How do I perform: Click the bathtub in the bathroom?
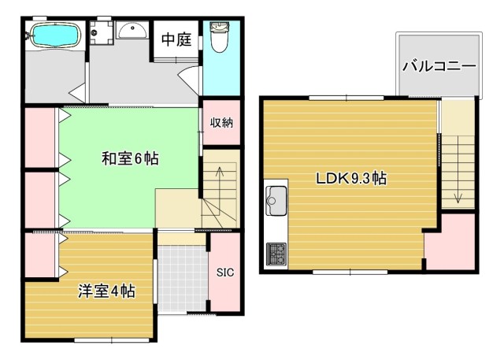click(52, 35)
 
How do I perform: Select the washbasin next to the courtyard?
click(131, 32)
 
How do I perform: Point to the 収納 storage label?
click(221, 123)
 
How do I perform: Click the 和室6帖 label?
click(130, 158)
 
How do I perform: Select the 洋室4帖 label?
click(106, 291)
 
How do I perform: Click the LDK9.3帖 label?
click(350, 178)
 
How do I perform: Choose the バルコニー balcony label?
click(439, 66)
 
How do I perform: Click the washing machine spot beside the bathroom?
click(100, 34)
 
